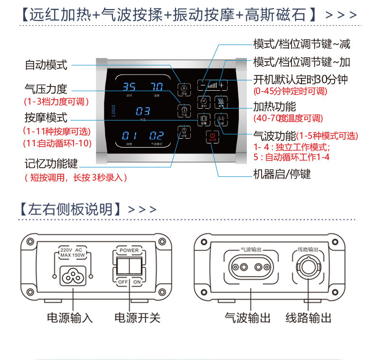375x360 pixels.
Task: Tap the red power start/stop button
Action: [212, 137]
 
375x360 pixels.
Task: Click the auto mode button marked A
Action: [183, 88]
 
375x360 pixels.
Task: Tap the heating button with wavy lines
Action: [221, 101]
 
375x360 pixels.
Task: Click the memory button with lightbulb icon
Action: [183, 131]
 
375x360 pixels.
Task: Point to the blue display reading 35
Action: [129, 87]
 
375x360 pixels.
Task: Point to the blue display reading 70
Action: [157, 87]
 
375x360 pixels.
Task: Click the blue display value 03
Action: [143, 111]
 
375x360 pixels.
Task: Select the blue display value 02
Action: [157, 135]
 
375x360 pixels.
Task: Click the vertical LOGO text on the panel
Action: [113, 111]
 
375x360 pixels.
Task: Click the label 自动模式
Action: [46, 65]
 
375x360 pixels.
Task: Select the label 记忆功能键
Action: [51, 164]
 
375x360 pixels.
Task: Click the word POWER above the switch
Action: [129, 250]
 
